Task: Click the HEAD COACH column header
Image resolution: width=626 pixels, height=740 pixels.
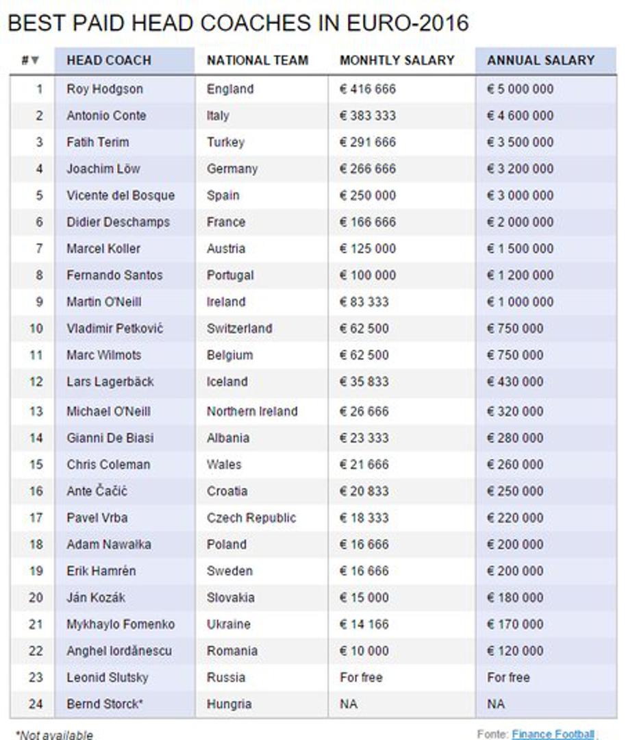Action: pos(108,60)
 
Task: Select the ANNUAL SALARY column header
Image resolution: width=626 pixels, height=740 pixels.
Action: pos(540,60)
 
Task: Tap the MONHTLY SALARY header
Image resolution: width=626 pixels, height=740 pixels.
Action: pos(397,60)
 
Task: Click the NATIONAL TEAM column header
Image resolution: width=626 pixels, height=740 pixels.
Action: pos(257,60)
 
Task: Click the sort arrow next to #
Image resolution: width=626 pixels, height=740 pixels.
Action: pos(35,61)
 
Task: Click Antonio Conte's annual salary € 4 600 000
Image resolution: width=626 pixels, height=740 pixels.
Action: pos(520,116)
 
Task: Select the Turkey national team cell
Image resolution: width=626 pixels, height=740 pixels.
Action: pos(225,143)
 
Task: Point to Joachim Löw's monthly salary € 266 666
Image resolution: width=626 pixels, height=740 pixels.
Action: pos(367,169)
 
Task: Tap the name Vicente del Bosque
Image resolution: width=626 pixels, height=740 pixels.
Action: pos(120,195)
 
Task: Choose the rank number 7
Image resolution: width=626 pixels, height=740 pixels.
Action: pos(39,249)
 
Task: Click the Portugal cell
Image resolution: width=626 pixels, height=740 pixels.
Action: pos(229,275)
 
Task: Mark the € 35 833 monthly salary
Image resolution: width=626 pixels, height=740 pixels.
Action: pos(364,382)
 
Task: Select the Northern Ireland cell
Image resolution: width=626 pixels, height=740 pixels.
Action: pos(252,411)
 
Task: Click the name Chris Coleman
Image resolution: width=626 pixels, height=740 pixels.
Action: pos(108,465)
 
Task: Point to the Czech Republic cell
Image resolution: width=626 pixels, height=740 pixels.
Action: pos(251,518)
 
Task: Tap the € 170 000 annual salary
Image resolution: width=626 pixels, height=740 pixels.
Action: pos(515,624)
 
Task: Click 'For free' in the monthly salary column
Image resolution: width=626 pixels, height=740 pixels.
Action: pos(361,678)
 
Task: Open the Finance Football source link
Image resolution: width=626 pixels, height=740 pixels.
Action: pos(553,734)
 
